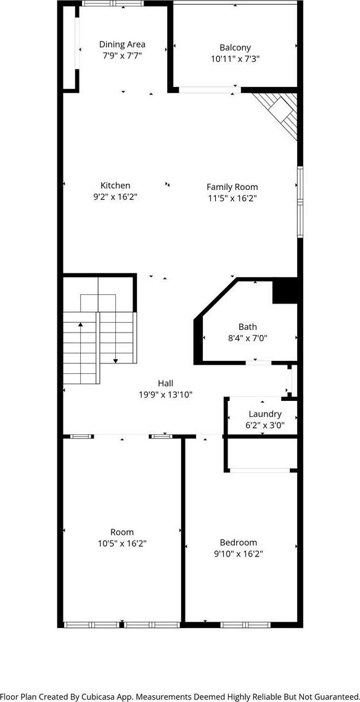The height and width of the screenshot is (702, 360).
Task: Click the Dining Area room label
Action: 122,44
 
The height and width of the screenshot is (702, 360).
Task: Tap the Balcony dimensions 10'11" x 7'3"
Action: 235,59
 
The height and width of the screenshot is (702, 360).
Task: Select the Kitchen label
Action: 115,185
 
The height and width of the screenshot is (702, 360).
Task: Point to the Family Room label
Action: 232,187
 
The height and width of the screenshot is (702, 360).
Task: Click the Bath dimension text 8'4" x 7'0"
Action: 247,339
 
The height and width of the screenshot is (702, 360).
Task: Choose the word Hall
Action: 165,383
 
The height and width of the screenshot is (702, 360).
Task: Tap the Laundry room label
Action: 265,414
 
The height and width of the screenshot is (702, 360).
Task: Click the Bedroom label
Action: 239,542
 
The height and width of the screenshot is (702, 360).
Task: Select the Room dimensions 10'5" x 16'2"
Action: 122,543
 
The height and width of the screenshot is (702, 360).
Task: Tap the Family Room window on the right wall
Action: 300,202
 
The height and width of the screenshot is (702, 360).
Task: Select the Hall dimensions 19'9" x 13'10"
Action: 165,395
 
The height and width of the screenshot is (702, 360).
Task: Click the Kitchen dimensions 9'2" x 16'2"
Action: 115,197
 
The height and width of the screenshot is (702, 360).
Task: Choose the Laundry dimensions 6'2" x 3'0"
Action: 265,425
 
